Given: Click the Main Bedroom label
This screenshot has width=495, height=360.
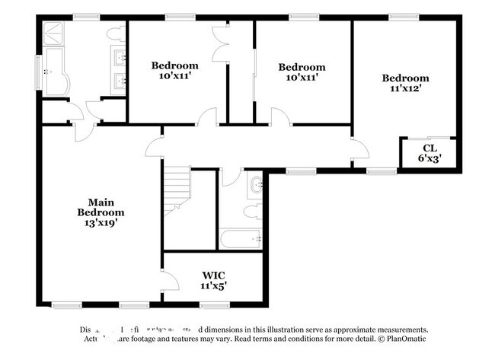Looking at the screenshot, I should (x=101, y=208).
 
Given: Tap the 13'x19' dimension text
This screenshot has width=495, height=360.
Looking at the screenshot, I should (x=101, y=223).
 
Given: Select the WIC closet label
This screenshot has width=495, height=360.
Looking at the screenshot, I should (x=213, y=275).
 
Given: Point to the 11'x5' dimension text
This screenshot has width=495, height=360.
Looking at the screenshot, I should (x=213, y=285).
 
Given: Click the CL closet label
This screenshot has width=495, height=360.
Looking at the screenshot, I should (x=430, y=148).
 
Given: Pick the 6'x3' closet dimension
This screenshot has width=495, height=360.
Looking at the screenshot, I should (x=430, y=159).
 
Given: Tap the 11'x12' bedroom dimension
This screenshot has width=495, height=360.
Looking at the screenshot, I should (x=404, y=88).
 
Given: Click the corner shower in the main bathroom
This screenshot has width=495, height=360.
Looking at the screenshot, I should (x=55, y=33).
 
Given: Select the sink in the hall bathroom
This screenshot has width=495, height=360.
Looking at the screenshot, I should (x=256, y=183).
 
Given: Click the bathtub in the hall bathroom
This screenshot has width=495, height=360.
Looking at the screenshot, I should (x=242, y=239).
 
